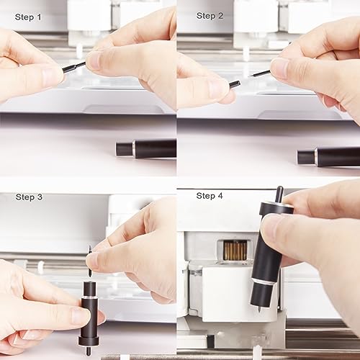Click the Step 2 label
[210, 15]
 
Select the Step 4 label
[210, 196]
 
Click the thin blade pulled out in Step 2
[258, 73]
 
